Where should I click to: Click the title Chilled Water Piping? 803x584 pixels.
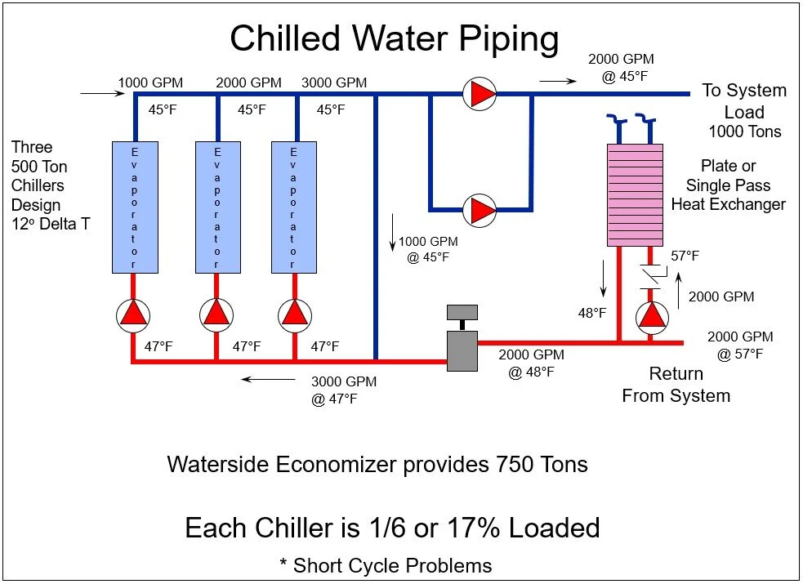[x=395, y=38]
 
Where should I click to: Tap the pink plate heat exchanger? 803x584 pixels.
[x=635, y=194]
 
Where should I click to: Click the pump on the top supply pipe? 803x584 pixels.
[x=480, y=94]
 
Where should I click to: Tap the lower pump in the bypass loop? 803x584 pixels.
[x=480, y=211]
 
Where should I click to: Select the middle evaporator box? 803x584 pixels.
[x=216, y=207]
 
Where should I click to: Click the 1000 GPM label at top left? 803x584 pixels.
[x=150, y=82]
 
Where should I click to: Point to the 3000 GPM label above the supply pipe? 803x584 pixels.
[x=333, y=82]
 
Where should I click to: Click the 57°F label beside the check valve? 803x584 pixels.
[x=685, y=256]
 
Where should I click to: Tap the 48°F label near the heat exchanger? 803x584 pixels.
[x=592, y=313]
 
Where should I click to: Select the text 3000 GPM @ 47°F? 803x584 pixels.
[x=344, y=390]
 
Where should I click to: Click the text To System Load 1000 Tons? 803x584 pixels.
[x=743, y=110]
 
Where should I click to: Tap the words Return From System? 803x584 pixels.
[x=676, y=385]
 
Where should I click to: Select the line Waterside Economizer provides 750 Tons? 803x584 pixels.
[x=377, y=464]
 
